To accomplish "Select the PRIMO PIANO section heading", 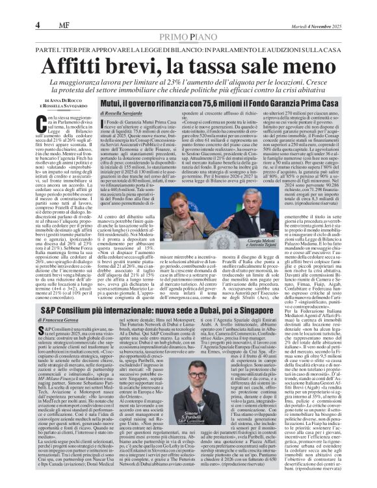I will click(x=188, y=19).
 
